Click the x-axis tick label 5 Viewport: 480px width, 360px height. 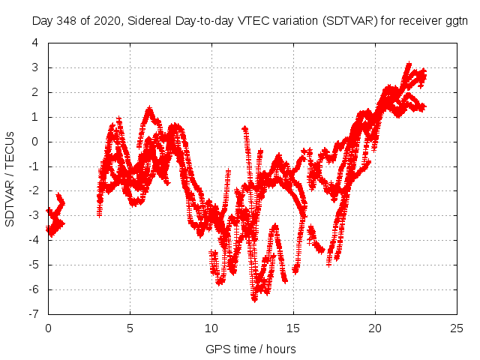click(130, 328)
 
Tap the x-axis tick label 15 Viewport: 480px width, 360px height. click(293, 328)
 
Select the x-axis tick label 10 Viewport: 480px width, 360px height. click(211, 328)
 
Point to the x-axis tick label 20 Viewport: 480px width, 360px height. click(375, 328)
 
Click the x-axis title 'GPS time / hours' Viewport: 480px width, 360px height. click(250, 349)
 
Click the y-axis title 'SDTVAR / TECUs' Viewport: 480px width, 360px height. click(10, 178)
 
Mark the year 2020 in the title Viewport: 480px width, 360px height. click(106, 21)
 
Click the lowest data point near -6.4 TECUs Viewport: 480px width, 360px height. click(254, 298)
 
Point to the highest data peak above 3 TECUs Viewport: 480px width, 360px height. click(409, 64)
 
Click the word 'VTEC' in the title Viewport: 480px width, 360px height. click(257, 21)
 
